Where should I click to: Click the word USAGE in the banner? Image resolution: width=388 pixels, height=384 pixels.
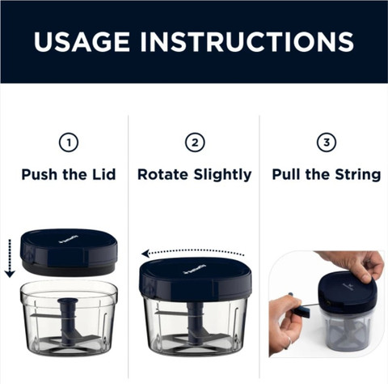tap(82, 42)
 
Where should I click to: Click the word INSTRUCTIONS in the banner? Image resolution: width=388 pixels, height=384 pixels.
tap(247, 42)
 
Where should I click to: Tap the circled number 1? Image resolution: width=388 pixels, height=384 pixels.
tap(69, 143)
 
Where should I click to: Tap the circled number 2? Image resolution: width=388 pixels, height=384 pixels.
tap(195, 143)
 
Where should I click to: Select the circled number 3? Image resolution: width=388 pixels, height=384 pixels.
tap(327, 143)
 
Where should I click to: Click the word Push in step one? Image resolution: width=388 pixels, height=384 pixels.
tap(40, 174)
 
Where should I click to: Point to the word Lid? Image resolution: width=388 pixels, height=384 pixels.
tap(104, 174)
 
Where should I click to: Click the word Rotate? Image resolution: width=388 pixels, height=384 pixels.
tap(162, 174)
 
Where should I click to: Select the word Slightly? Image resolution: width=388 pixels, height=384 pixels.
tap(222, 175)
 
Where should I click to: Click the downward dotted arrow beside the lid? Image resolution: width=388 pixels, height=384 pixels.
tap(10, 258)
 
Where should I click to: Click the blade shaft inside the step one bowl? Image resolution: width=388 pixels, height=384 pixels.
tap(67, 322)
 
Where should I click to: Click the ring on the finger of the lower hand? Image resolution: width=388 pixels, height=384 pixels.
tap(289, 343)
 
